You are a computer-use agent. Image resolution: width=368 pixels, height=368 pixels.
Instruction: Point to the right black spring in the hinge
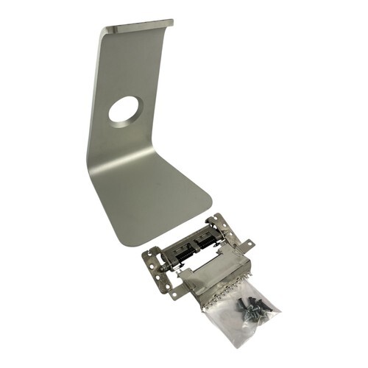coord(207,240)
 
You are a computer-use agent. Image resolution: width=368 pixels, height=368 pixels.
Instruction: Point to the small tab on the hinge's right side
coord(250,242)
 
